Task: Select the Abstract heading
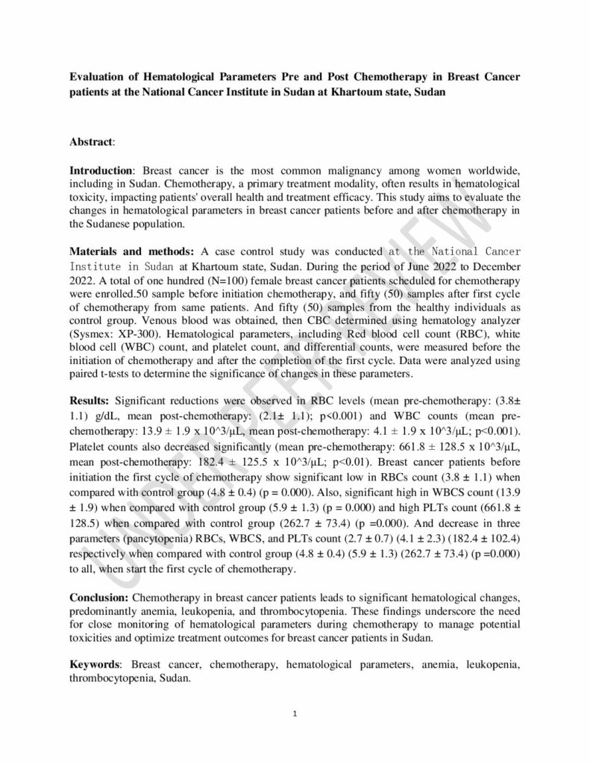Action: (x=92, y=141)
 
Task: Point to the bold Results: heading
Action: (x=90, y=401)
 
